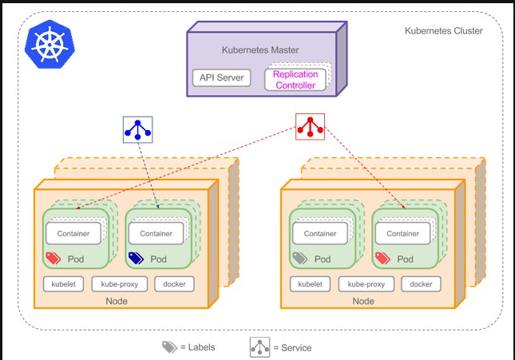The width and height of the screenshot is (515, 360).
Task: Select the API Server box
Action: (x=221, y=79)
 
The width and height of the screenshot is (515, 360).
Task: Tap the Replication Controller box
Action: (x=295, y=79)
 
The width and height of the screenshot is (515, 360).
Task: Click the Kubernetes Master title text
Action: (x=260, y=50)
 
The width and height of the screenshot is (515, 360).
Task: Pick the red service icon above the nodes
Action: (x=310, y=126)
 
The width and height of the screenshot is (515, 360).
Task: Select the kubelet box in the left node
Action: (x=63, y=283)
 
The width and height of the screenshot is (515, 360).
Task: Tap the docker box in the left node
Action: (x=173, y=283)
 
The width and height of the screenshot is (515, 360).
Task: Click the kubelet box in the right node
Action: (x=310, y=283)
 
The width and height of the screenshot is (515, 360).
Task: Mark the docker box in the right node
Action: (x=421, y=283)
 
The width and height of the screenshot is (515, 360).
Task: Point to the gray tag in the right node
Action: (x=299, y=259)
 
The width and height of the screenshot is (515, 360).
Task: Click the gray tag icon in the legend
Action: (x=169, y=347)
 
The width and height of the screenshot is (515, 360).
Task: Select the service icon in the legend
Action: (x=260, y=347)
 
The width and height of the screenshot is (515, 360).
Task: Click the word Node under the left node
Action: (x=116, y=301)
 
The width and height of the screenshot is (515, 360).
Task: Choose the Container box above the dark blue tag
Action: (x=156, y=233)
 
